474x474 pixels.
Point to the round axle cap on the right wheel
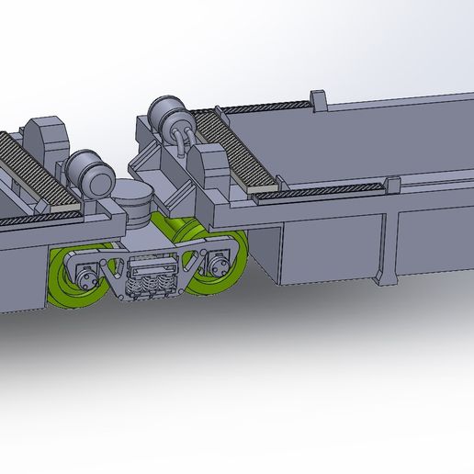coord(219,266)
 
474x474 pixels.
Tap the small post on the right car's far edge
coord(318,99)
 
